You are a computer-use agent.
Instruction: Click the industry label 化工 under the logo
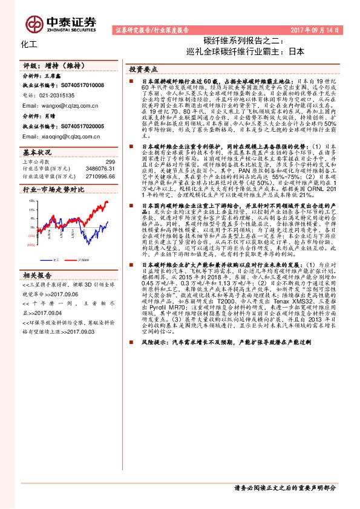(29, 45)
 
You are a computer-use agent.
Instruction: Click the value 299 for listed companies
(110, 161)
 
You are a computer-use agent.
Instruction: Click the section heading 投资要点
(143, 69)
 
